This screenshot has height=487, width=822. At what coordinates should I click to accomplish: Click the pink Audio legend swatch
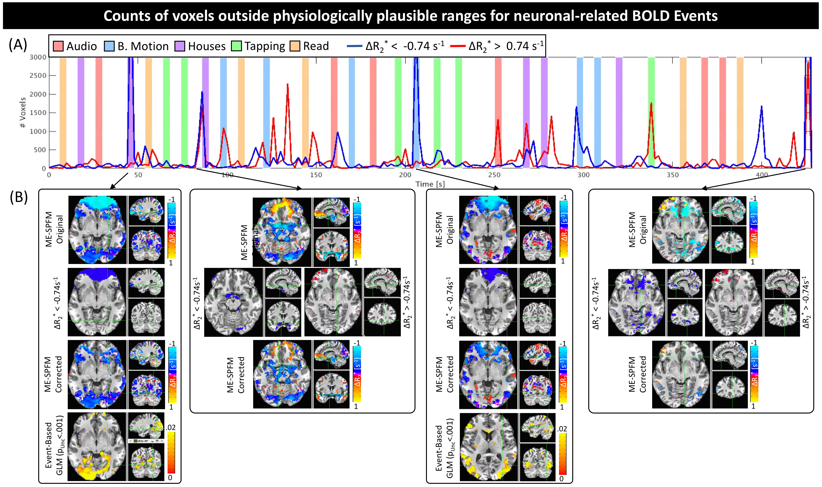click(x=58, y=46)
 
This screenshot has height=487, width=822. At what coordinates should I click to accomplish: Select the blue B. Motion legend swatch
click(x=109, y=46)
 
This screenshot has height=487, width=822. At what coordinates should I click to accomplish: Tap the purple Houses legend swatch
click(x=180, y=46)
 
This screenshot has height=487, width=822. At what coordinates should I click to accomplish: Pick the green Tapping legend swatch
click(x=236, y=46)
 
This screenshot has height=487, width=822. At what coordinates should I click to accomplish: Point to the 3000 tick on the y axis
click(x=38, y=57)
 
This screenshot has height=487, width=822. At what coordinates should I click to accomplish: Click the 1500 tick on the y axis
click(x=38, y=113)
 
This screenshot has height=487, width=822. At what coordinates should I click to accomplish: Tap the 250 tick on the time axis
click(x=494, y=175)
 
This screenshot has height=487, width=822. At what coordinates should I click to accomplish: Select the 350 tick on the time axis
click(x=673, y=175)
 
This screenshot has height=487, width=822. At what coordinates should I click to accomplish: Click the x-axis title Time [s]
click(x=430, y=184)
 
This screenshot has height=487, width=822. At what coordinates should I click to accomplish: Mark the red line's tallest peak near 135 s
click(x=288, y=84)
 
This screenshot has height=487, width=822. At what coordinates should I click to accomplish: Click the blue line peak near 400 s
click(x=761, y=106)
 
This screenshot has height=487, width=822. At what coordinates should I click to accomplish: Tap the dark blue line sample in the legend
click(x=355, y=46)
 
